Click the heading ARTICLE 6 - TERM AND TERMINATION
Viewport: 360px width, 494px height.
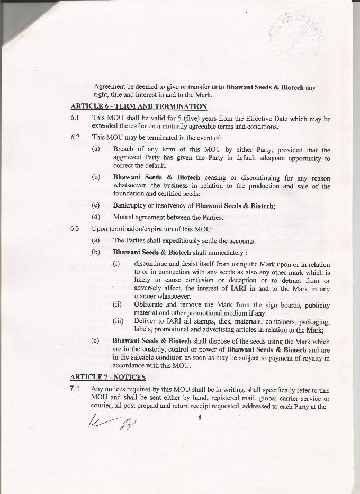(139, 106)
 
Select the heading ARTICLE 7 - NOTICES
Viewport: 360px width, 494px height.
(108, 377)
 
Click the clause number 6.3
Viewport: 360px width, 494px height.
(75, 229)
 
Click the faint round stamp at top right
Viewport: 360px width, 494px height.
(296, 34)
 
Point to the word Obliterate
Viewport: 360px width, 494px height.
(150, 305)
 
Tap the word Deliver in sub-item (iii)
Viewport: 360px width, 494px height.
(145, 321)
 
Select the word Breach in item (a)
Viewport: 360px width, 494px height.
(124, 150)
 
